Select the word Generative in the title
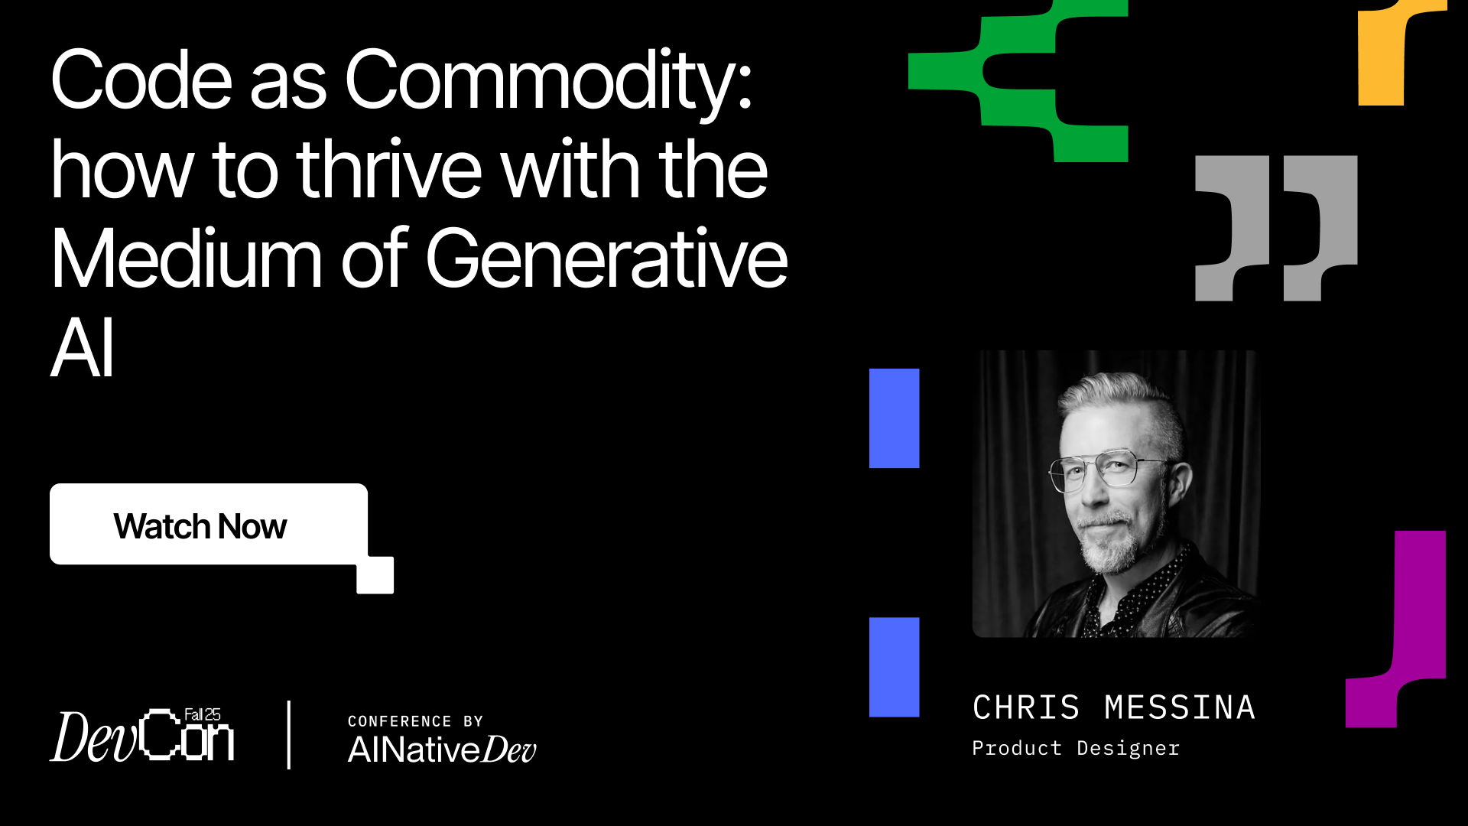tap(606, 260)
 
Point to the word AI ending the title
tap(82, 349)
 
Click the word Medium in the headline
tap(186, 260)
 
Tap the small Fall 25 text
tap(202, 714)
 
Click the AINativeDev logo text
tap(442, 750)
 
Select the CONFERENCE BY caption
tap(415, 721)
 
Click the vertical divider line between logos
tap(288, 734)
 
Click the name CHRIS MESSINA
tap(1113, 707)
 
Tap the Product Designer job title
tap(1075, 748)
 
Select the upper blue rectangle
tap(894, 418)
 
